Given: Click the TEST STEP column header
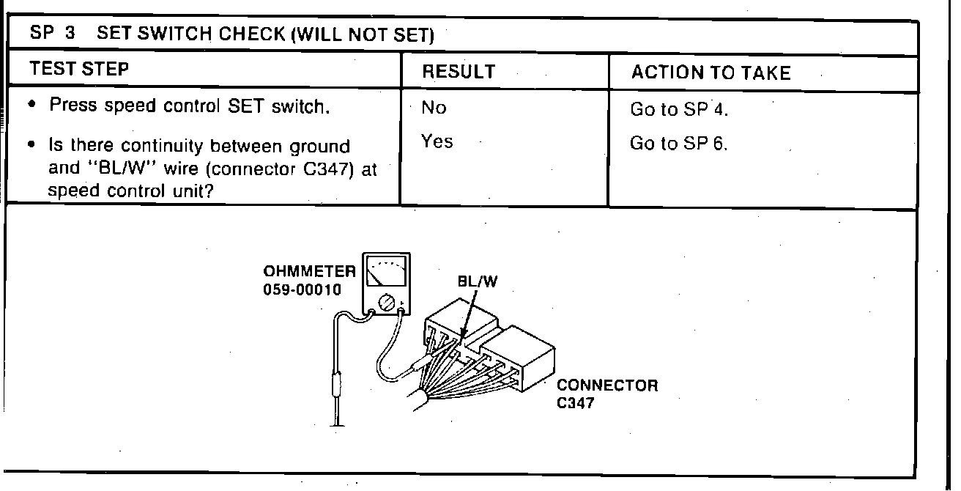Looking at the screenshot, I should click(x=79, y=70).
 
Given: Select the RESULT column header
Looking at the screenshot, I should click(x=459, y=72).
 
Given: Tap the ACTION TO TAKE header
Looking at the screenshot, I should click(x=710, y=73).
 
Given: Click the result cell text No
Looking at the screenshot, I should click(x=434, y=108).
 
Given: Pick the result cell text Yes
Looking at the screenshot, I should click(x=437, y=141).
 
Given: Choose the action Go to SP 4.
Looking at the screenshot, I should click(x=678, y=109).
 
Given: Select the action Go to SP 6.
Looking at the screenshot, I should click(x=678, y=143).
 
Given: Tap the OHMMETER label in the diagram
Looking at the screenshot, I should click(x=309, y=272).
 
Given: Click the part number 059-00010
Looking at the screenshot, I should click(x=302, y=289).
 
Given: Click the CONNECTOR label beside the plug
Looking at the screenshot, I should click(x=607, y=385).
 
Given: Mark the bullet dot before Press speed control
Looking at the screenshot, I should click(x=31, y=105).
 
